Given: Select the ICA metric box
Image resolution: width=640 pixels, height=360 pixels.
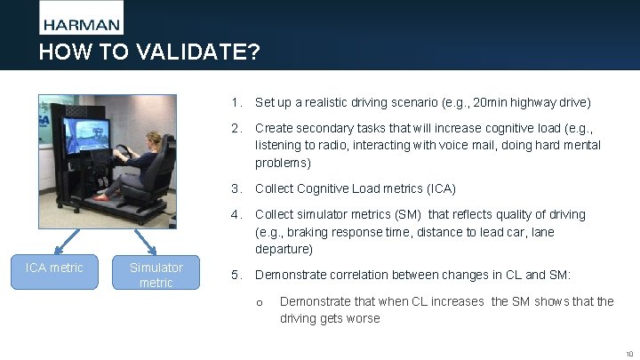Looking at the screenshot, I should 54,268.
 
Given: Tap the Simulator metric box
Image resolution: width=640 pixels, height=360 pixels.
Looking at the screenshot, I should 156,275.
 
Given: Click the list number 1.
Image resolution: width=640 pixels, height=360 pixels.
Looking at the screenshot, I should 235,103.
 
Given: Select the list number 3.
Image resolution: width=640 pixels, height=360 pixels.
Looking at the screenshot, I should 236,188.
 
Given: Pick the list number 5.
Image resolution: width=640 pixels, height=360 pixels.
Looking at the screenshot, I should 236,276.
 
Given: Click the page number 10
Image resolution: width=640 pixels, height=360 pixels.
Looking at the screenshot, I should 628,353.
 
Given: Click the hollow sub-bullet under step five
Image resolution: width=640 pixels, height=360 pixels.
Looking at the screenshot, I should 260,302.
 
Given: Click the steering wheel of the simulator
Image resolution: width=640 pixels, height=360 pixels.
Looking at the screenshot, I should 124,156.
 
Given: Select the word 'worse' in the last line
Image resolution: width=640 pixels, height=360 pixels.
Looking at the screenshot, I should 362,318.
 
